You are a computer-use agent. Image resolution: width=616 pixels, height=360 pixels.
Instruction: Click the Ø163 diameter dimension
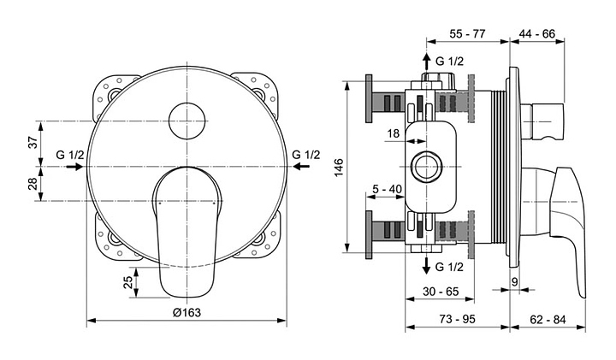[187, 312]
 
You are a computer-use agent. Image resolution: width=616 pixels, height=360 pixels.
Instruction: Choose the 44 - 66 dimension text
[536, 33]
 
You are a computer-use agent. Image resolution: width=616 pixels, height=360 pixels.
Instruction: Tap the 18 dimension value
[393, 133]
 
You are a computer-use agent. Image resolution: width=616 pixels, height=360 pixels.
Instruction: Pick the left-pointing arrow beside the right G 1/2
[304, 168]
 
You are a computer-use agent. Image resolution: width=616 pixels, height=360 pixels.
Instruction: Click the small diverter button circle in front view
[187, 121]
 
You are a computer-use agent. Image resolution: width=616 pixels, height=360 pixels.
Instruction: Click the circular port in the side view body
[425, 165]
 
